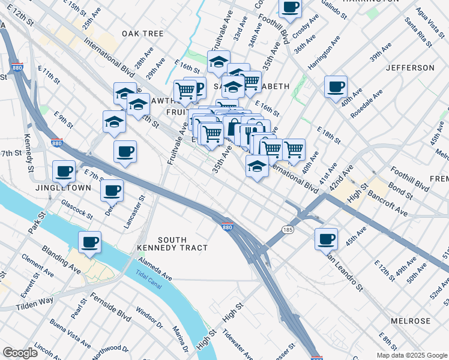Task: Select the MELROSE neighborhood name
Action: point(411,321)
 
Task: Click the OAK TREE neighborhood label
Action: point(143,34)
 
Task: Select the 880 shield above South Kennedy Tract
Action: point(226,227)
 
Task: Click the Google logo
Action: point(20,352)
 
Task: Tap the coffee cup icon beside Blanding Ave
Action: point(89,242)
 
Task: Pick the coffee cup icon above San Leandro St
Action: point(326,239)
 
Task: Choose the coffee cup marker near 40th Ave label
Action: point(336,86)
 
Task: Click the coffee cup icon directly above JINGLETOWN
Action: point(64,172)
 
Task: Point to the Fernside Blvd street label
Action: point(111,306)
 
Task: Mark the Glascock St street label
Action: point(77,209)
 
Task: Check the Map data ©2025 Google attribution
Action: point(411,355)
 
